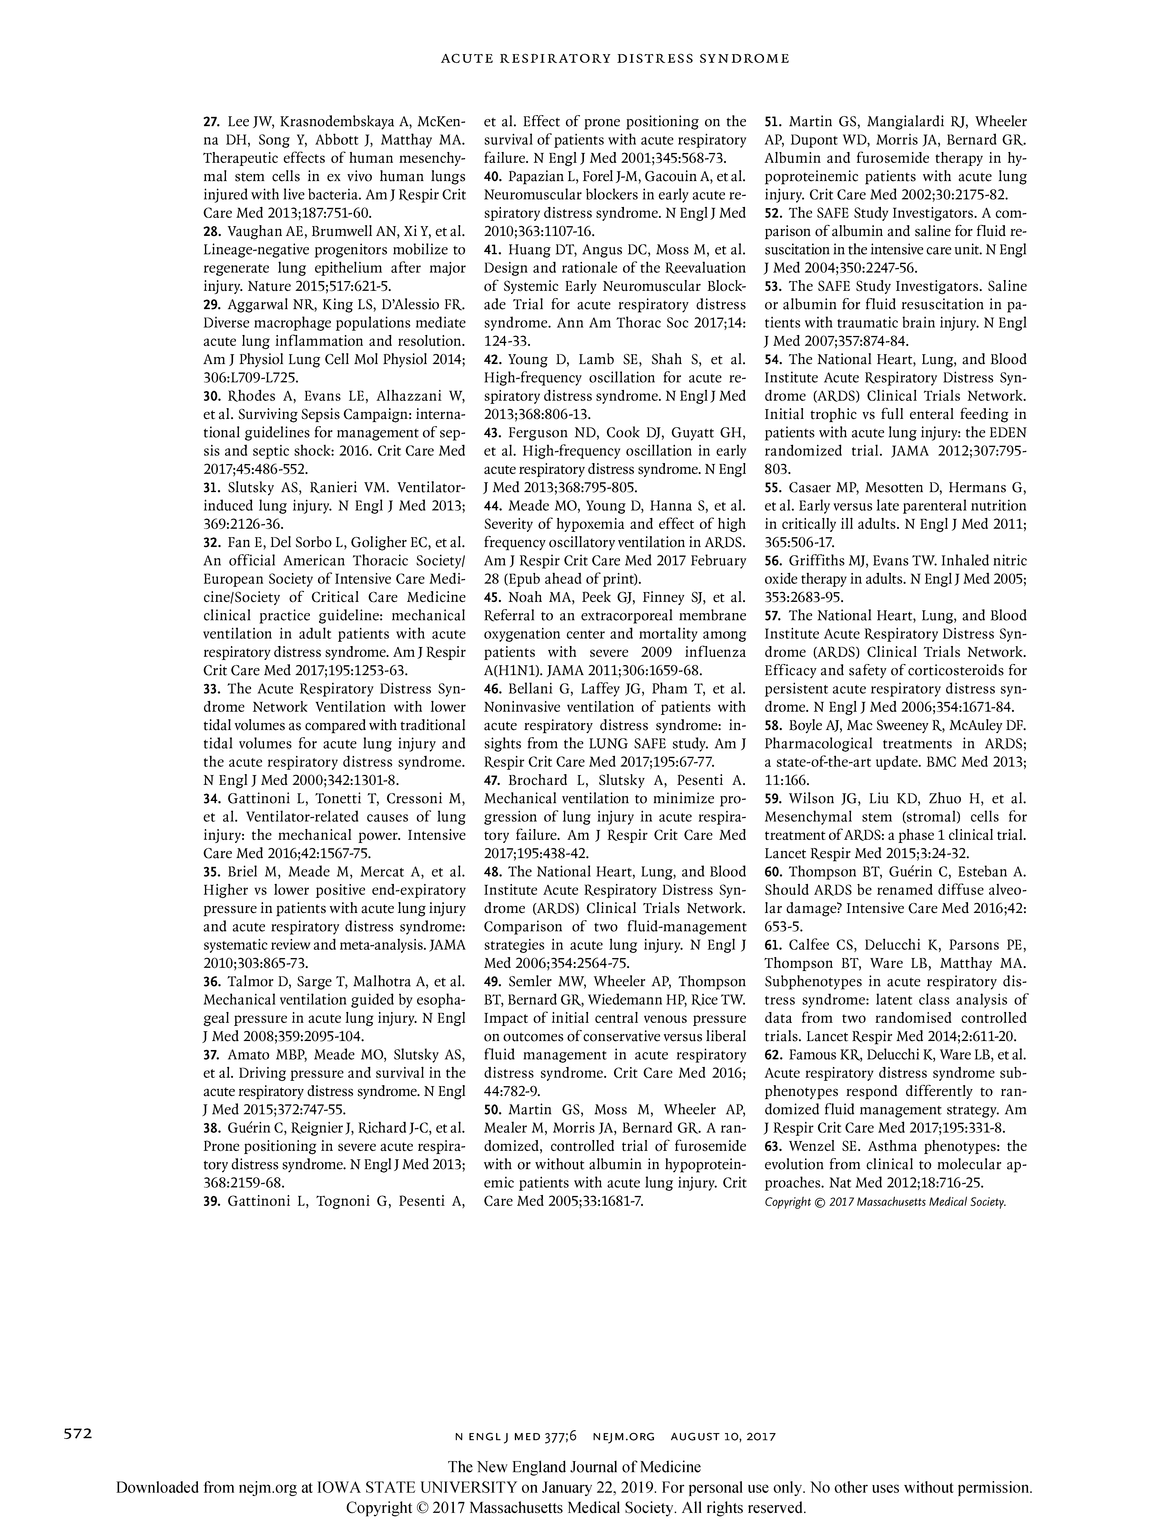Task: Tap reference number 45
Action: coord(493,597)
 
